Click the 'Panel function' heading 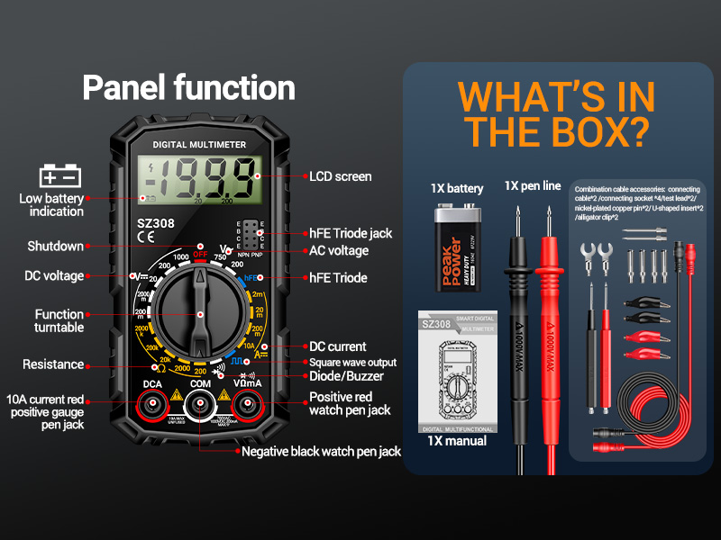point(188,88)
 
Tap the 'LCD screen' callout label point(340,176)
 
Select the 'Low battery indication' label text point(51,205)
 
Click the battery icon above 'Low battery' point(60,175)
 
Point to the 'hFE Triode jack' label point(351,233)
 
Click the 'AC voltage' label point(339,250)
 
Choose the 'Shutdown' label point(55,246)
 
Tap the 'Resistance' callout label point(53,364)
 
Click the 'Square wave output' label point(352,363)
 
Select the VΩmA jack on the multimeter point(249,408)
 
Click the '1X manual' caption point(457,441)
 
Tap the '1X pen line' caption point(533,186)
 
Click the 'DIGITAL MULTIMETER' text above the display point(200,144)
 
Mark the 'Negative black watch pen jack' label point(321,451)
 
